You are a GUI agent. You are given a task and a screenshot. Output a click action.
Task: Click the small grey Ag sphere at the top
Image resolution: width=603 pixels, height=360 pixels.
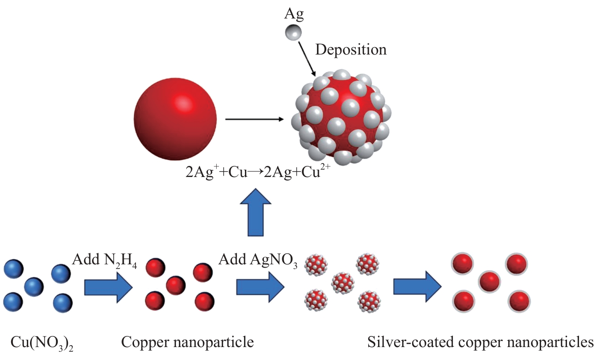293,33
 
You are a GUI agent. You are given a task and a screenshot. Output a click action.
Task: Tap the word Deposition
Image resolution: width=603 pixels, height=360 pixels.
351,50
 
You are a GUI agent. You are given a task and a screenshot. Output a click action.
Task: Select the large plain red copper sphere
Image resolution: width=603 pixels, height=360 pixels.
175,119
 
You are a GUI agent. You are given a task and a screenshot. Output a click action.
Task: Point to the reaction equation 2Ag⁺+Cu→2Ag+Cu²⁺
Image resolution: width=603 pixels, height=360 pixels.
258,172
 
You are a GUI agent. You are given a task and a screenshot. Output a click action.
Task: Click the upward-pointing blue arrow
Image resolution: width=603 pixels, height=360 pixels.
256,212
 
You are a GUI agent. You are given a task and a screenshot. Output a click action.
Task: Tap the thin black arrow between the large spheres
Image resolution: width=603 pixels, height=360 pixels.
255,119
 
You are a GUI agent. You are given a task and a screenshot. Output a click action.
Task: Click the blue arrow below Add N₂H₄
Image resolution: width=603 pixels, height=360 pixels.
109,287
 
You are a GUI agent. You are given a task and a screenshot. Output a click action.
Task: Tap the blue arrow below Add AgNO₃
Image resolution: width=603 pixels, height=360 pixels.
260,287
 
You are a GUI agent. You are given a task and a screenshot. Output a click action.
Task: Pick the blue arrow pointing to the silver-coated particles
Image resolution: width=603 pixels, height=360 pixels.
418,287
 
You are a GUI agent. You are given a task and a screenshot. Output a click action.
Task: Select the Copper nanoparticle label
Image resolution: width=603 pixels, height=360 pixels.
187,342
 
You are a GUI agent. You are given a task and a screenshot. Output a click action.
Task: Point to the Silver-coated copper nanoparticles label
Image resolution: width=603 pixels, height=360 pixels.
481,342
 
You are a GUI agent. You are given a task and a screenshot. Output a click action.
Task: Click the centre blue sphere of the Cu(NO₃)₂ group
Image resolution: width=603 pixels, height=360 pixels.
34,287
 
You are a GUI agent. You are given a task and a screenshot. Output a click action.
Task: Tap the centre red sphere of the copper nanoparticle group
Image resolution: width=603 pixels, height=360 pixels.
176,286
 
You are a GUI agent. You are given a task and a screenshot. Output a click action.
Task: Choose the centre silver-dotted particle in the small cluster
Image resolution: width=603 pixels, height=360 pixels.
343,283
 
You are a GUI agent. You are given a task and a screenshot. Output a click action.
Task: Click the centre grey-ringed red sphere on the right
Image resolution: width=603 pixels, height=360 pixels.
489,281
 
